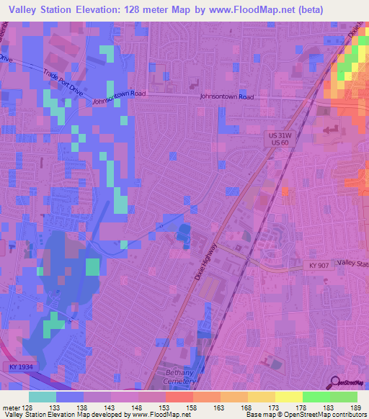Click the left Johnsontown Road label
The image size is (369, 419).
point(119,98)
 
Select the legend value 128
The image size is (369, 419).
point(28,408)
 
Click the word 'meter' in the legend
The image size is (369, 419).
point(10,408)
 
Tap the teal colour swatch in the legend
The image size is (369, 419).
point(43,397)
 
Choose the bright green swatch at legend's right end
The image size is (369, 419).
point(344,397)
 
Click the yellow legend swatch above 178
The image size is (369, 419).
point(289,397)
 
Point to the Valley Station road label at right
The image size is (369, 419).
point(352,264)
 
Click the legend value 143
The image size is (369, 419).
point(110,408)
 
